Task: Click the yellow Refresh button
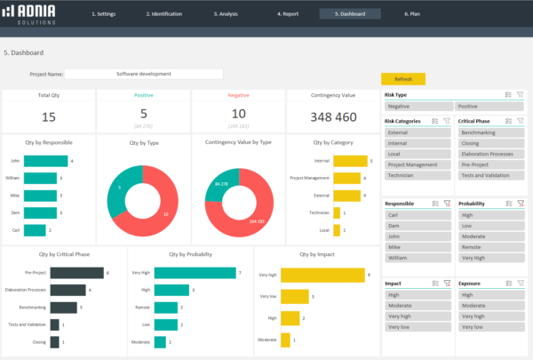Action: click(x=402, y=78)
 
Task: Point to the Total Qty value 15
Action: click(x=49, y=116)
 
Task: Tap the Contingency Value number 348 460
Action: click(x=333, y=116)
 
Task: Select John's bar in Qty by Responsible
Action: click(x=45, y=161)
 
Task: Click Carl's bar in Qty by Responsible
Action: click(x=35, y=229)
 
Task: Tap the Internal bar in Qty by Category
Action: click(x=350, y=161)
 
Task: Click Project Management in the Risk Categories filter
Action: click(x=418, y=164)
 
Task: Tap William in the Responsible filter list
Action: click(x=418, y=257)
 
